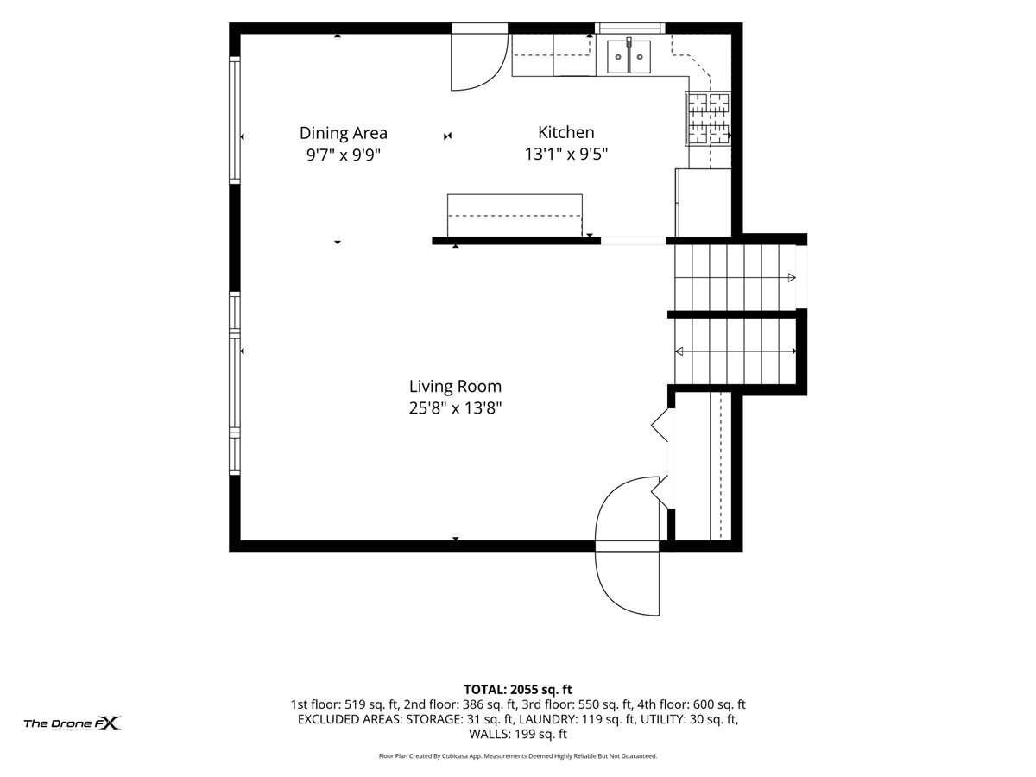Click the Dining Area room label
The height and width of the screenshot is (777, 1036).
click(x=343, y=133)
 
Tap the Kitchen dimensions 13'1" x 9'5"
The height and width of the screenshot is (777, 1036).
click(x=565, y=154)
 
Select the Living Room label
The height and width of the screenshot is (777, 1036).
click(x=455, y=387)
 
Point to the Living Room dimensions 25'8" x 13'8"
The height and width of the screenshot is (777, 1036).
click(x=455, y=407)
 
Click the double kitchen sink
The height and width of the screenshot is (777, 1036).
click(x=629, y=56)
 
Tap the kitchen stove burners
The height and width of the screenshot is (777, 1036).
click(x=708, y=118)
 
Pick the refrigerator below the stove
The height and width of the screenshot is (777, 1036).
click(x=704, y=202)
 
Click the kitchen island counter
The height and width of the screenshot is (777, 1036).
click(x=515, y=215)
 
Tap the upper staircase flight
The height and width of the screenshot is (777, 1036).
click(x=736, y=277)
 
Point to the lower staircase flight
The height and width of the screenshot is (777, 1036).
click(x=736, y=351)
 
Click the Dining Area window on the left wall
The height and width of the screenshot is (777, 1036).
click(x=235, y=120)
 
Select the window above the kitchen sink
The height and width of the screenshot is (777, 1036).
click(x=629, y=28)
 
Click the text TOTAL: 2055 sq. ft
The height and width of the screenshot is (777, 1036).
click(x=518, y=690)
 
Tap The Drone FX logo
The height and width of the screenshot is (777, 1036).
click(x=73, y=723)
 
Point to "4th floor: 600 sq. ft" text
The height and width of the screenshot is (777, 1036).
click(x=691, y=704)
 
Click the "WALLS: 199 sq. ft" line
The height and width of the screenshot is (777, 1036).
click(x=518, y=734)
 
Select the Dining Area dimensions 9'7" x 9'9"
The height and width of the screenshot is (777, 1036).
click(x=343, y=155)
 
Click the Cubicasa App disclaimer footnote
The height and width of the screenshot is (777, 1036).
click(x=518, y=756)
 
